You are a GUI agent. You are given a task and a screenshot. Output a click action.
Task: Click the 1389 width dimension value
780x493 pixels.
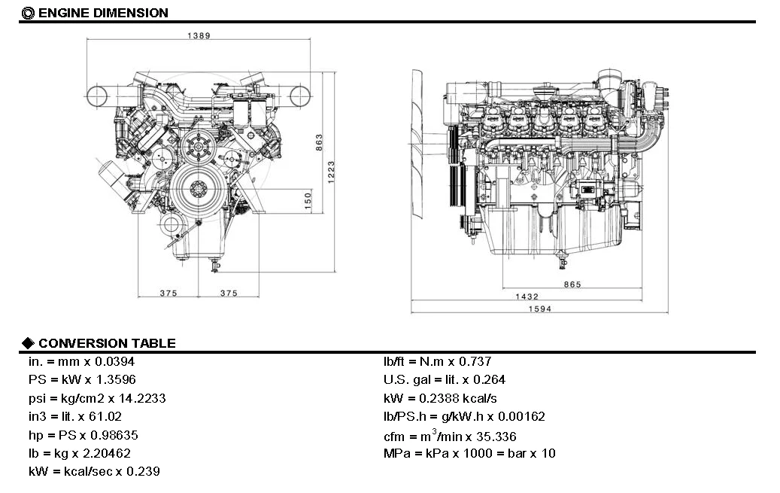199,35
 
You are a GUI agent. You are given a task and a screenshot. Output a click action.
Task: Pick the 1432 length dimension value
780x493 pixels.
527,297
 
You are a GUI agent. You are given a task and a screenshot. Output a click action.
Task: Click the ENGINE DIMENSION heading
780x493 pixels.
102,13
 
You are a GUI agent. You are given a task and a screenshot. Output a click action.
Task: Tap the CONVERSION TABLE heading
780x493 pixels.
107,343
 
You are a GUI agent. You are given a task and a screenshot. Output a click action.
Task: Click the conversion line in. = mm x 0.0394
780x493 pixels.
80,362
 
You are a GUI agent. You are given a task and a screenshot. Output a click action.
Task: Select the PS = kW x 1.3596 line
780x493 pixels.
82,380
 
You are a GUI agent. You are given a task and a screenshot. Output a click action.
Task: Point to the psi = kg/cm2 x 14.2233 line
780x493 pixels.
97,398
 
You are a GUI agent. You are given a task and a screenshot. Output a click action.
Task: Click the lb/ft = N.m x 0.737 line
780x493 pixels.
438,362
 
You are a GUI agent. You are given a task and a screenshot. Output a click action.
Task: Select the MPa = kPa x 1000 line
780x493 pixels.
469,453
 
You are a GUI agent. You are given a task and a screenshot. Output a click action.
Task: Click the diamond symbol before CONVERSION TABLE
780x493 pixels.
29,343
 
